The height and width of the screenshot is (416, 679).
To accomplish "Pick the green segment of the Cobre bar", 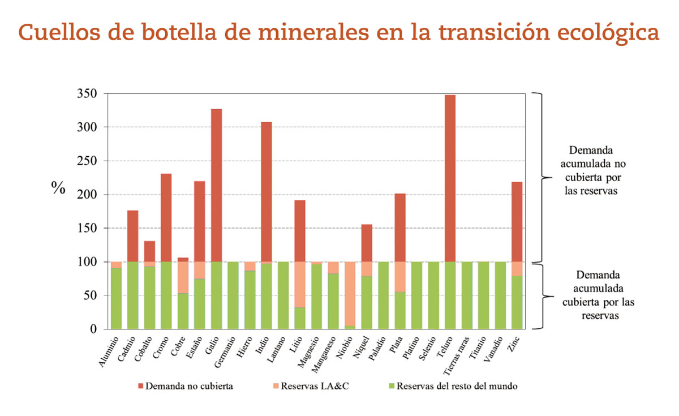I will pos(183,311).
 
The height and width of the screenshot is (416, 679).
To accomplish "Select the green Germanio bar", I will pos(233,295).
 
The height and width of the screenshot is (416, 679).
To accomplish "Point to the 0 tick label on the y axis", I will pos(93,329).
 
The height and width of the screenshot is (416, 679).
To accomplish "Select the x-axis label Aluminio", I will pos(109,351).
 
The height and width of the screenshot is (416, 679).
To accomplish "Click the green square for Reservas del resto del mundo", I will pos(392,387).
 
